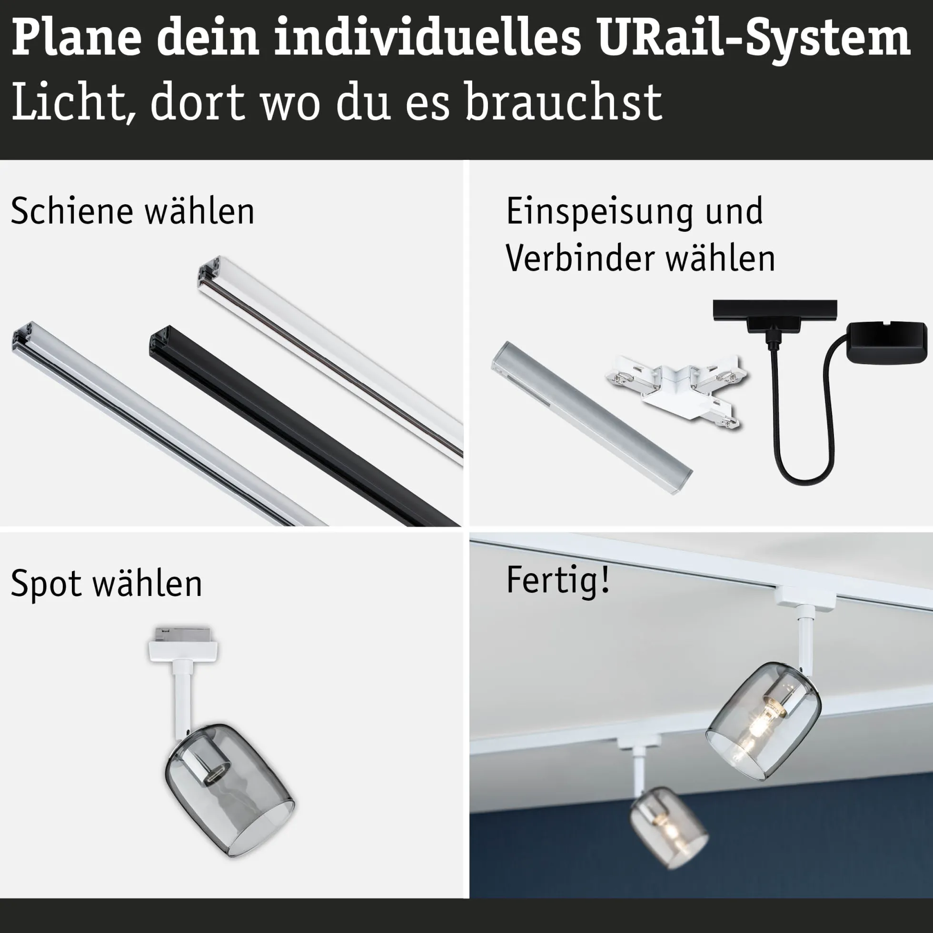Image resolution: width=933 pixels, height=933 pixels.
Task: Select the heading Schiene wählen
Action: point(133,211)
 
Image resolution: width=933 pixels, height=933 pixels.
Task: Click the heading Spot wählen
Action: point(106,584)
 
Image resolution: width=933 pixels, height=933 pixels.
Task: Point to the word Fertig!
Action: point(558,580)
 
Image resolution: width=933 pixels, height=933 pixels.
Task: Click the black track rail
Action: point(304,428)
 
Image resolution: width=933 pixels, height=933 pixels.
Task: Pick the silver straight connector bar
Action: point(592,418)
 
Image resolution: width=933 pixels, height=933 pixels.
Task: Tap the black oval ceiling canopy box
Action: point(887,344)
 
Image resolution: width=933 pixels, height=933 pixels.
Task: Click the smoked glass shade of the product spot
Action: point(229,790)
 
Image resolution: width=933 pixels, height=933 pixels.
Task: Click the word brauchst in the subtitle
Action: point(563,102)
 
